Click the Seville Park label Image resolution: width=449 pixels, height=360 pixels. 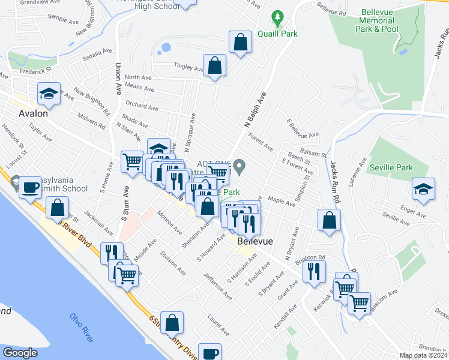pyautogui.click(x=391, y=167)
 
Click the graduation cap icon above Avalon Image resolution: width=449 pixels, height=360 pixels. pyautogui.click(x=49, y=94)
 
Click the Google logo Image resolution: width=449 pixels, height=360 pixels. pyautogui.click(x=20, y=353)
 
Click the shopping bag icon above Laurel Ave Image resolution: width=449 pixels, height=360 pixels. pyautogui.click(x=172, y=322)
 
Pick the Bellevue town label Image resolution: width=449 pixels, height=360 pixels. pyautogui.click(x=255, y=241)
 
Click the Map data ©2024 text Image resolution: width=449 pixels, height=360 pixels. pyautogui.click(x=423, y=355)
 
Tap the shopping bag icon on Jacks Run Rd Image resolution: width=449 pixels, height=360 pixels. pyautogui.click(x=329, y=220)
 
